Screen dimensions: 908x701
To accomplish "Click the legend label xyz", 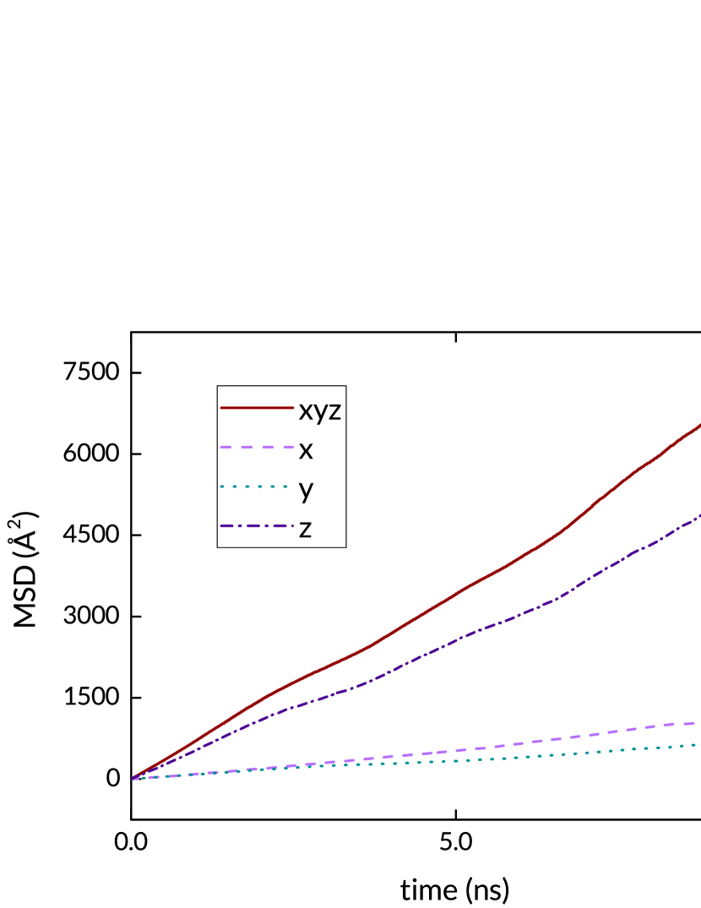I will (319, 411).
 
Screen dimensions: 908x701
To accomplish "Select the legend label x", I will (306, 450).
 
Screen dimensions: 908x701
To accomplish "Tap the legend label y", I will (306, 489).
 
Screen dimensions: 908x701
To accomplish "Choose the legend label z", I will (305, 529).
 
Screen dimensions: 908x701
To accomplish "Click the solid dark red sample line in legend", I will (257, 408).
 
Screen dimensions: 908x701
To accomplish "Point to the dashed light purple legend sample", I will (257, 447).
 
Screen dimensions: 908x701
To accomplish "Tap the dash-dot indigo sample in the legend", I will (257, 525).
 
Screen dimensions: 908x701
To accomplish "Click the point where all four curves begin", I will (133, 778).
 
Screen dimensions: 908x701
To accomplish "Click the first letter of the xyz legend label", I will (306, 411).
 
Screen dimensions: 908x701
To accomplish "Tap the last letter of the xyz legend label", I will (334, 411).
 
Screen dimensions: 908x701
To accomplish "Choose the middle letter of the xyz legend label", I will (320, 413).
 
